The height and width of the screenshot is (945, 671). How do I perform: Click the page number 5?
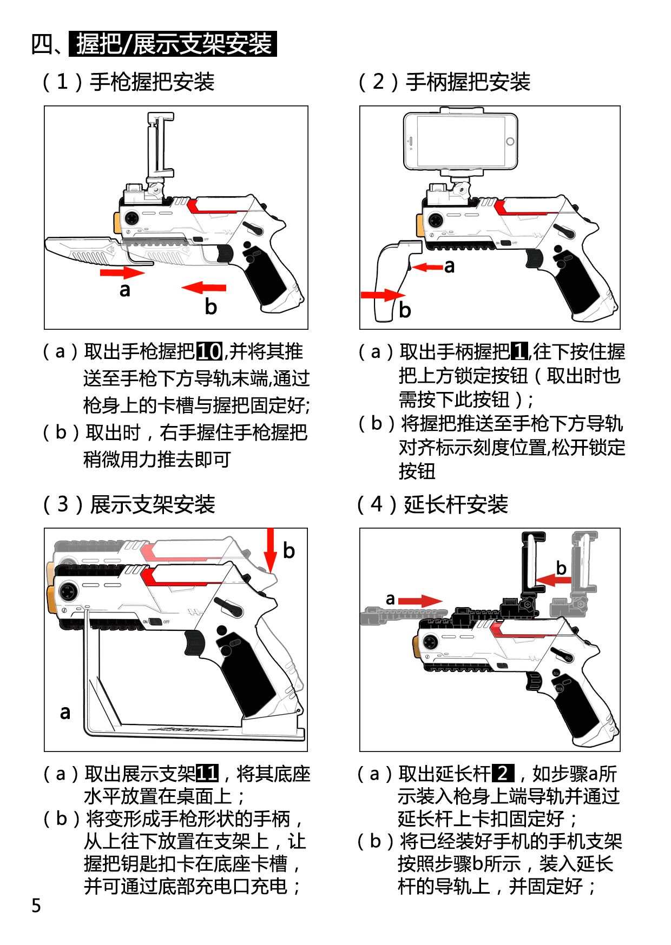[x=36, y=905]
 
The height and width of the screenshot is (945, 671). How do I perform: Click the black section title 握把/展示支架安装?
[x=173, y=44]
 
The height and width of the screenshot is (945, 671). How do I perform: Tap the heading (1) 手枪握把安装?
[x=129, y=82]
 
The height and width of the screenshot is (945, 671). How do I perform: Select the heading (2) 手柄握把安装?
[x=444, y=82]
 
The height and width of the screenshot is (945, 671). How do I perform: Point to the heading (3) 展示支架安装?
[x=129, y=504]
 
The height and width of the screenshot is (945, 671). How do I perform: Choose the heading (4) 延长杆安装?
[x=433, y=504]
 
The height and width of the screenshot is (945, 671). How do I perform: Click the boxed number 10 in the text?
[x=209, y=352]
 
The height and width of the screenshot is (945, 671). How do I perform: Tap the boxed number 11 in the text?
[x=207, y=774]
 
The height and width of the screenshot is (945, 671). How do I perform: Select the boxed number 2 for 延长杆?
[x=503, y=774]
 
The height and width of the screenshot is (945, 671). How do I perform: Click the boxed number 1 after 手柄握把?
[x=519, y=352]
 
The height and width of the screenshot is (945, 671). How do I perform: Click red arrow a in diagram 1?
[x=122, y=272]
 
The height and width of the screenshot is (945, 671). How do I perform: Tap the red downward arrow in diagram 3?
[x=270, y=550]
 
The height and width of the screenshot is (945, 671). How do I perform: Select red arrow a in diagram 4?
[x=420, y=601]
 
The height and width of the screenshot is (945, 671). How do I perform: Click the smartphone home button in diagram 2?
[x=510, y=142]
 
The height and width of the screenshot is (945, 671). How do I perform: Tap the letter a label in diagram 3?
[x=65, y=713]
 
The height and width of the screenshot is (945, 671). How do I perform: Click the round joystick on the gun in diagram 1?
[x=131, y=218]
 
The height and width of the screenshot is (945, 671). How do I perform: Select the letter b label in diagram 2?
[x=405, y=310]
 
